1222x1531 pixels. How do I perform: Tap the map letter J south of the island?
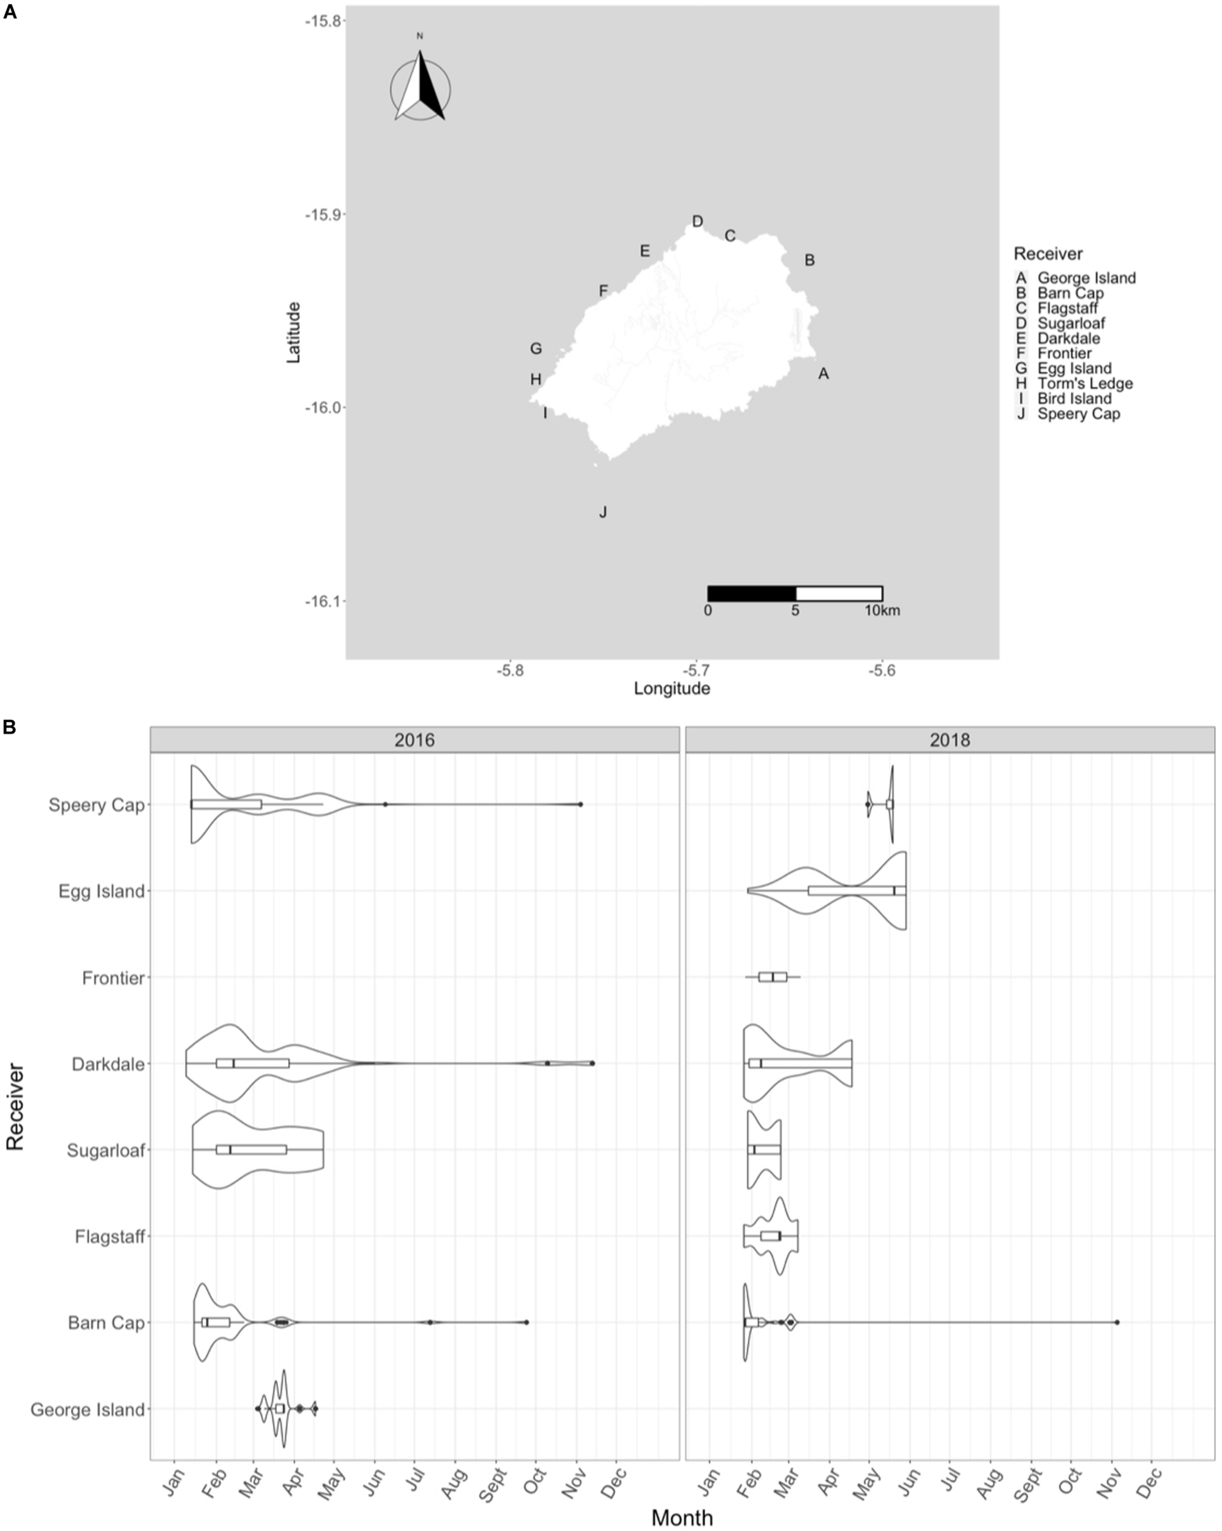click(603, 512)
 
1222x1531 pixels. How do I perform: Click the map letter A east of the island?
click(823, 374)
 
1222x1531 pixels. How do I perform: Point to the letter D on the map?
click(697, 222)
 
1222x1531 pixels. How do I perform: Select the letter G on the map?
click(536, 348)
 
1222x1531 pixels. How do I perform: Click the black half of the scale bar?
click(752, 593)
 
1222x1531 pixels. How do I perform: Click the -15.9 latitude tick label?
click(324, 214)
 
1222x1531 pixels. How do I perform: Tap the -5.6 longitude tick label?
click(881, 671)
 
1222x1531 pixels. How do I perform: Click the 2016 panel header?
click(414, 740)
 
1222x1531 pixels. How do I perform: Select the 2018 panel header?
click(950, 740)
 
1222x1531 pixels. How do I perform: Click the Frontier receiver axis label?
click(114, 979)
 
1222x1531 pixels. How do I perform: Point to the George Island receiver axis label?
click(88, 1410)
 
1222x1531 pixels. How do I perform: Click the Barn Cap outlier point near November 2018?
click(1117, 1322)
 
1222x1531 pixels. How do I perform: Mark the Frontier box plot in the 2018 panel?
click(773, 977)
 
